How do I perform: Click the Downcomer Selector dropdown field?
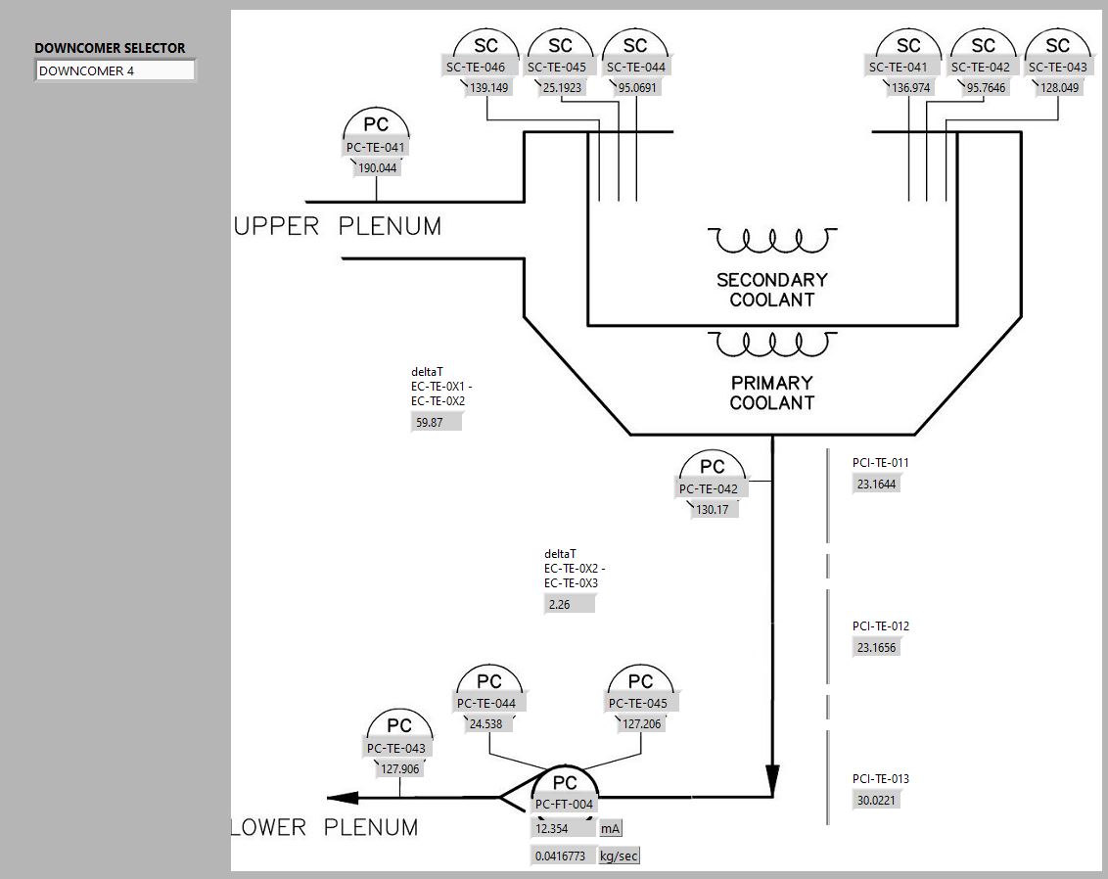point(115,70)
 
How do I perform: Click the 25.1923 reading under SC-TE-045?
point(561,87)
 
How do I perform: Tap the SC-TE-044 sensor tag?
point(635,68)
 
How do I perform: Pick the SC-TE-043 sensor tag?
point(1057,68)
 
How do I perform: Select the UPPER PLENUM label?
point(338,226)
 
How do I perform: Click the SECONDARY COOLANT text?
point(771,290)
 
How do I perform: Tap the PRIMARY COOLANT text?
point(771,393)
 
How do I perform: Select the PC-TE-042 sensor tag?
point(708,489)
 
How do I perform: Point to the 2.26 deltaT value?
point(569,604)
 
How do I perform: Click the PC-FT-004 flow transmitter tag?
point(564,805)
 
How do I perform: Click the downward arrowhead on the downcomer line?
point(771,780)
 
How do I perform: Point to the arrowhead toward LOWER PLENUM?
point(339,798)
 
